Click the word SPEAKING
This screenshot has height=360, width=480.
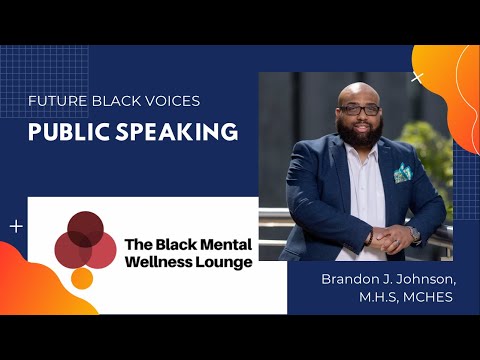click(x=180, y=132)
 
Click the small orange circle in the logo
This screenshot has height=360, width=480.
click(x=82, y=277)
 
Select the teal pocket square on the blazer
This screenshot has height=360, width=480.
click(x=403, y=173)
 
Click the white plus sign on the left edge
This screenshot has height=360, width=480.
click(x=16, y=227)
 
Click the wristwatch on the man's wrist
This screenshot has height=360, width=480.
click(x=413, y=235)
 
